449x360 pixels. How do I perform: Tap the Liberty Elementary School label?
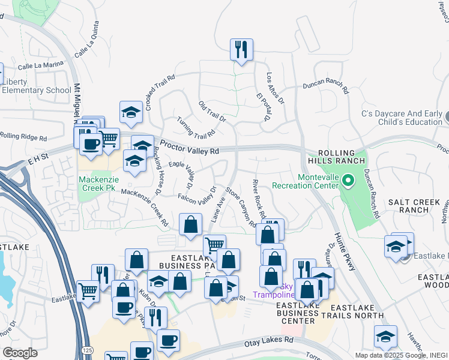click(37, 86)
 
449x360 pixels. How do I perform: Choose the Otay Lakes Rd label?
click(268, 341)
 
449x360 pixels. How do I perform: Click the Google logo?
click(19, 353)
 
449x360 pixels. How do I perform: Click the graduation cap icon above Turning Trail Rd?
click(130, 112)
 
